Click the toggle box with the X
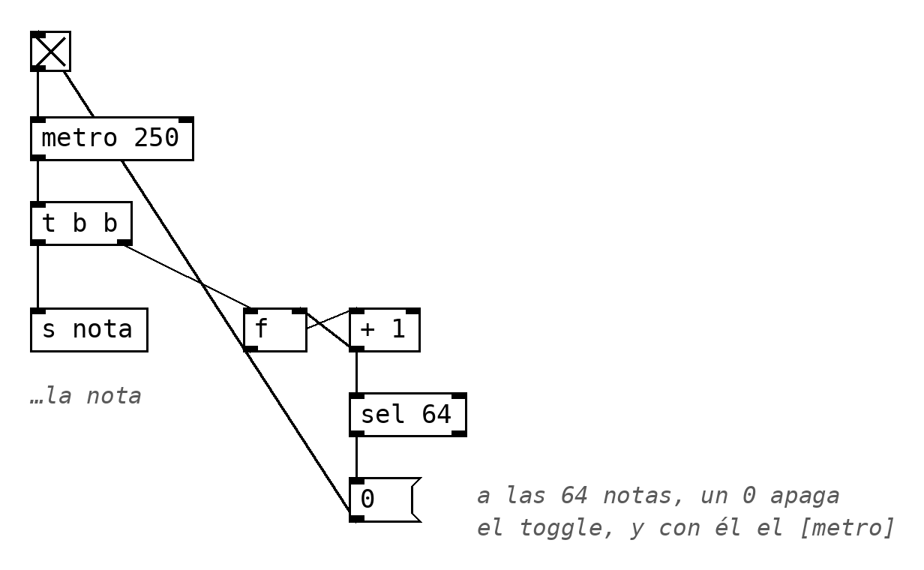click(x=50, y=51)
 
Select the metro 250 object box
click(x=112, y=139)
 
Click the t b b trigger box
click(x=81, y=223)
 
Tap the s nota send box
click(x=89, y=330)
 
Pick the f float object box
click(x=275, y=330)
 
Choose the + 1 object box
click(x=385, y=330)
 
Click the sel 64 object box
click(x=408, y=415)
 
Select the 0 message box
click(x=385, y=500)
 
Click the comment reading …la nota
click(x=85, y=396)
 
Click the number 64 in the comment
click(x=574, y=495)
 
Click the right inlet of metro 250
click(x=187, y=119)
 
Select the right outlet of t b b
click(x=125, y=242)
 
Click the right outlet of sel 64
click(x=460, y=433)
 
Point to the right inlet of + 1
click(x=413, y=311)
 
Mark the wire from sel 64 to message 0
click(x=357, y=457)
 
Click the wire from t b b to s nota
click(x=38, y=277)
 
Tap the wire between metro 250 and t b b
click(x=38, y=181)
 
